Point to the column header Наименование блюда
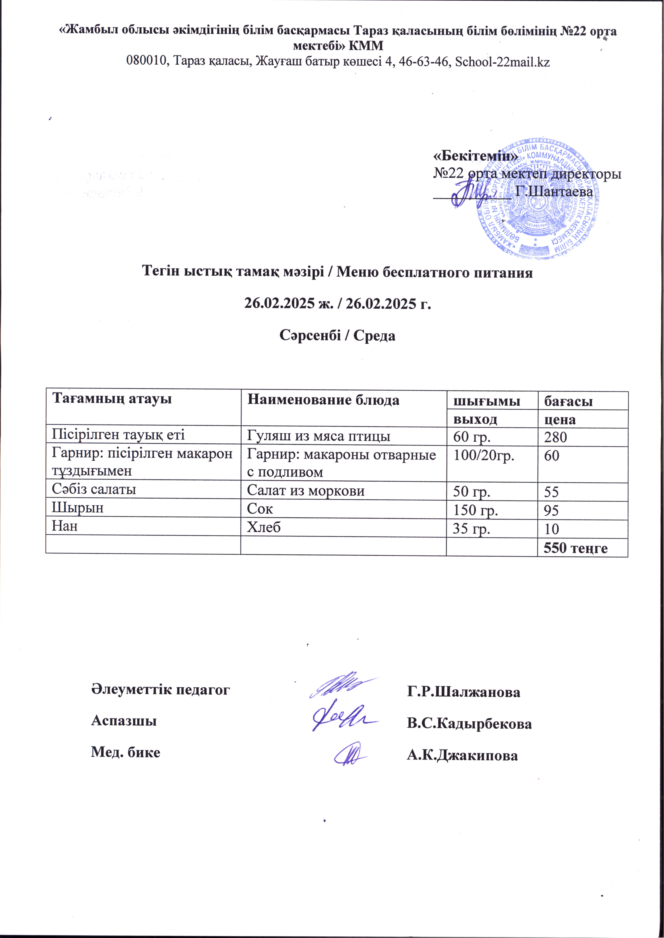(x=323, y=400)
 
